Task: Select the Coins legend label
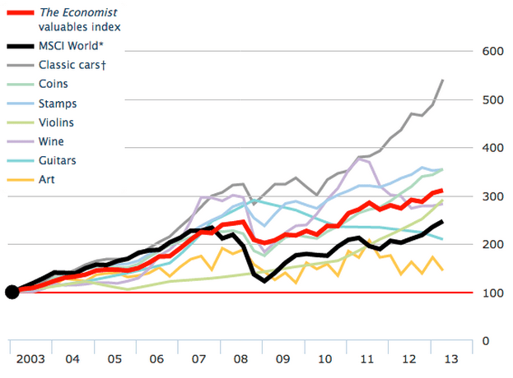[53, 84]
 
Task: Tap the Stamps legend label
[58, 104]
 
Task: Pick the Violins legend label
[57, 122]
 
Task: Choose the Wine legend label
[51, 141]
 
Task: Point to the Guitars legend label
[57, 160]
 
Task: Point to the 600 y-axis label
[492, 51]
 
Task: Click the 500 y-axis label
[492, 99]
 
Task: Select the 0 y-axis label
[486, 340]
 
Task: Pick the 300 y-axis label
[492, 196]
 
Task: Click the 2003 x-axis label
[30, 359]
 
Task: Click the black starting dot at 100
[12, 292]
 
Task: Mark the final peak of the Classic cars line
[443, 81]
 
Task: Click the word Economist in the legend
[91, 12]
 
